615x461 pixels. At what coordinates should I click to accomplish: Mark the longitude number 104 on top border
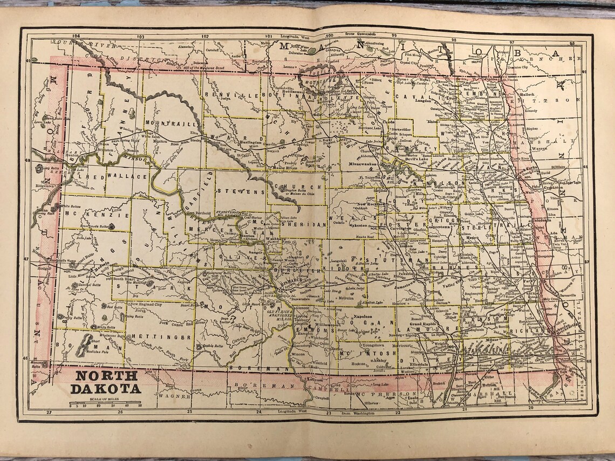[x=76, y=36]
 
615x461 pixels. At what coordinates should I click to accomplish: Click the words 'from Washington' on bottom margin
[x=356, y=413]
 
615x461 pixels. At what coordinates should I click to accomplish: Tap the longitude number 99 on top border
[x=394, y=36]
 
